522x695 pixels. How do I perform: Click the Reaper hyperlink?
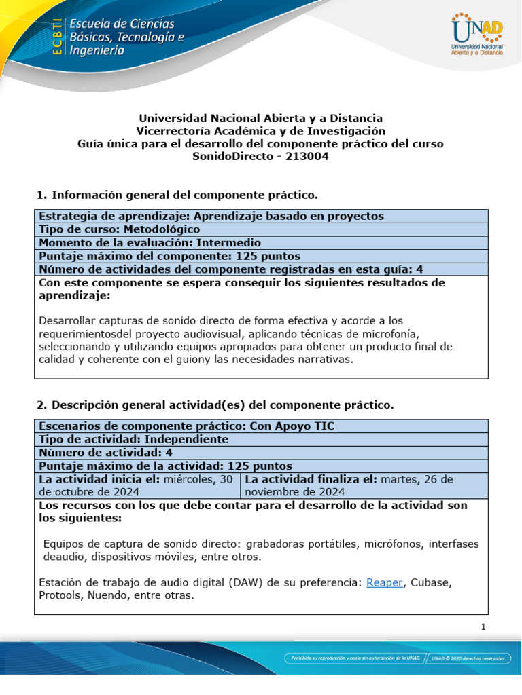(x=384, y=582)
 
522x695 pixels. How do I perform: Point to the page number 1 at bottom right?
(x=483, y=626)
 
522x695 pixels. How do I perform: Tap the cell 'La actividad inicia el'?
(x=136, y=485)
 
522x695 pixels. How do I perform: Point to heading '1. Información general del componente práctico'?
(x=177, y=195)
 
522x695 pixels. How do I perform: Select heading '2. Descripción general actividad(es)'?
(x=214, y=405)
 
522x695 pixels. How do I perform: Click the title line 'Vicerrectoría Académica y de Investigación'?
(x=261, y=131)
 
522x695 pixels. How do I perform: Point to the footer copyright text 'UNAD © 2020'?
(x=468, y=658)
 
